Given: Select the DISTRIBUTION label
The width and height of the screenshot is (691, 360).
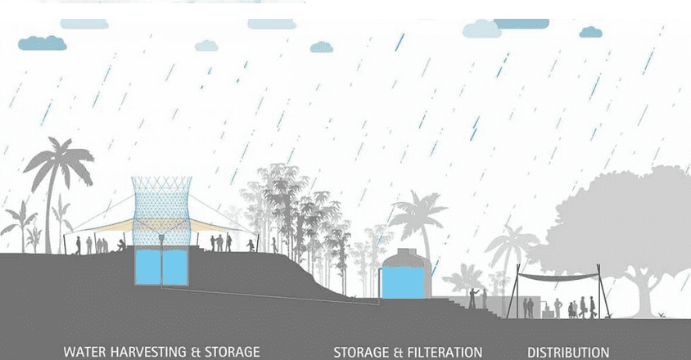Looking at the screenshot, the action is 568,353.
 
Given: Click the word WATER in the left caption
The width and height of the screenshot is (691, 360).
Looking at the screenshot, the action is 84,352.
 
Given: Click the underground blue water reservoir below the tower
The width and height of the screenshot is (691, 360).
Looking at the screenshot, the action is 161,267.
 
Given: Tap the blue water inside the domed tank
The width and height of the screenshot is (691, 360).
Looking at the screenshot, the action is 404,282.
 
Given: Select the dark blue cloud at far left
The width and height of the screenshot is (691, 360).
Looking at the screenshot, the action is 43,43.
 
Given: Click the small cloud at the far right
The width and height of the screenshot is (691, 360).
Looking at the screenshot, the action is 590,32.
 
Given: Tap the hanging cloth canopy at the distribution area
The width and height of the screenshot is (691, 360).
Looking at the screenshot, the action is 558,277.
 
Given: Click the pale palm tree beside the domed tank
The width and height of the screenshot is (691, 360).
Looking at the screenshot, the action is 418,220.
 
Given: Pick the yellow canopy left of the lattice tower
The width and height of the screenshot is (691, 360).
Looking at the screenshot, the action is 106,226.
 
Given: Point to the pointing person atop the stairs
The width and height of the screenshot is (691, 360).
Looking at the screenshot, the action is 472,299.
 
